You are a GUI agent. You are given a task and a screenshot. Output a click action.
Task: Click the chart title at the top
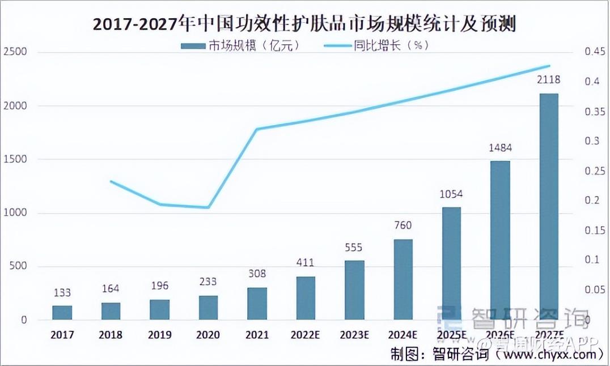coord(305,25)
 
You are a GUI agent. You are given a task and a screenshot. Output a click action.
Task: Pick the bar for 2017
coord(62,313)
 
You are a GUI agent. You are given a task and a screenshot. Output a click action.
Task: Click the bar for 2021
coord(257,304)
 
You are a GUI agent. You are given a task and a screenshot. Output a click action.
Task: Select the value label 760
coord(403,225)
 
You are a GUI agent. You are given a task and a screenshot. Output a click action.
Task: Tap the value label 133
coord(62,293)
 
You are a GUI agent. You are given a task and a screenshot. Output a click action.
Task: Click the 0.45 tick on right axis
coord(595,52)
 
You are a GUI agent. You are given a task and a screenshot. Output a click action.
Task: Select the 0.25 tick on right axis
coord(595,171)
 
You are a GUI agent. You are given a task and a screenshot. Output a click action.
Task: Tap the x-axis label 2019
coord(159,335)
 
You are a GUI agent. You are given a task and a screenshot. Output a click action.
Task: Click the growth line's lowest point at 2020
coord(209,207)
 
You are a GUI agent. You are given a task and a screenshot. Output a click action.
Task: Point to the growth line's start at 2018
coord(111,181)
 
